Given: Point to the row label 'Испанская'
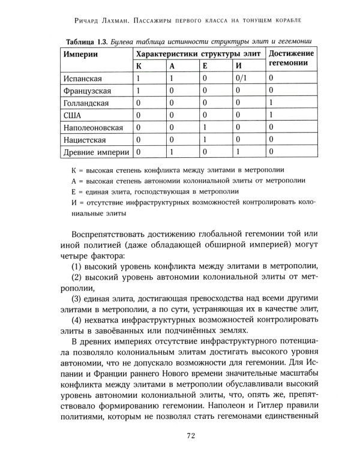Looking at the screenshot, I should (82, 79).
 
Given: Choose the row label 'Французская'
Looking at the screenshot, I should (87, 91).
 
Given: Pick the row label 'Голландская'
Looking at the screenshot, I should (86, 103).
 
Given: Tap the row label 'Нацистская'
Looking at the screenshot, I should (85, 140).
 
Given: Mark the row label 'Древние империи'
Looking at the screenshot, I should (95, 152).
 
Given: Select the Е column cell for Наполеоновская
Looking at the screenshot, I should (205, 128).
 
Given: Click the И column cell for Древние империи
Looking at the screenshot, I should (238, 152).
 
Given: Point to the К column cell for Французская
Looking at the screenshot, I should (139, 91).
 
